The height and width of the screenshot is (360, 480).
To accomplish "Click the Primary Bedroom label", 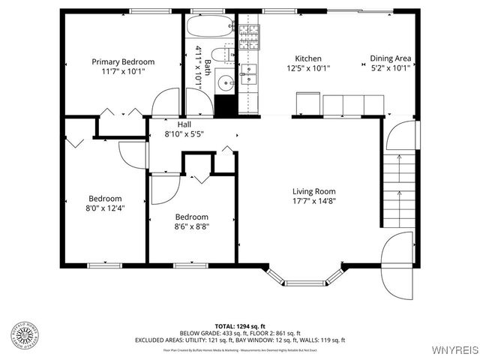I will pos(123,61).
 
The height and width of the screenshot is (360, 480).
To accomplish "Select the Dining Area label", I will pos(391,58).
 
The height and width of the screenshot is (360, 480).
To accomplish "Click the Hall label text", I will pos(184,124).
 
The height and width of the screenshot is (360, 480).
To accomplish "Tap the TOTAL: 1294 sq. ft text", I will pos(240,325).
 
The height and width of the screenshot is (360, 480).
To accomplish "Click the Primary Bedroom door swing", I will pos(166,103).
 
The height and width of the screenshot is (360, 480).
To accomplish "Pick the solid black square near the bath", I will pos(225,105).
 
